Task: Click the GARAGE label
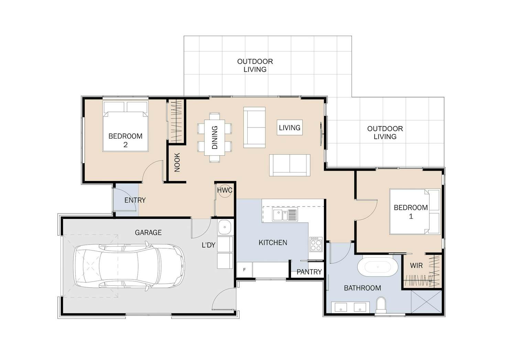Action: coord(148,232)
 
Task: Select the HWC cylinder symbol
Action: coord(225,190)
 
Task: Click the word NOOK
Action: coord(177,162)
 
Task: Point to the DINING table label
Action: coord(215,137)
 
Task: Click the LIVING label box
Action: coord(290,128)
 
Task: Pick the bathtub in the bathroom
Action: coord(377,266)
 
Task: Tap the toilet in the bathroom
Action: coord(381,305)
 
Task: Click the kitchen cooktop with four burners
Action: coord(316,244)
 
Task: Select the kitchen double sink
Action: coord(285,214)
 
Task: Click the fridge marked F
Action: coord(244,270)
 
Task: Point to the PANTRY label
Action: coord(309,272)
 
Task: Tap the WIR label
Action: coord(416,265)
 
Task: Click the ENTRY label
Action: coord(135,200)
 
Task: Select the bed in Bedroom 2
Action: coord(126,126)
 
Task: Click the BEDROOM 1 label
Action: coord(411,212)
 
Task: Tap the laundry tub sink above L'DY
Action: coord(225,227)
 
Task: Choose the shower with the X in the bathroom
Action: coord(426,301)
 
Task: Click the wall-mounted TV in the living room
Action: coord(321,134)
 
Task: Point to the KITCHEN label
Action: coord(273,243)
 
